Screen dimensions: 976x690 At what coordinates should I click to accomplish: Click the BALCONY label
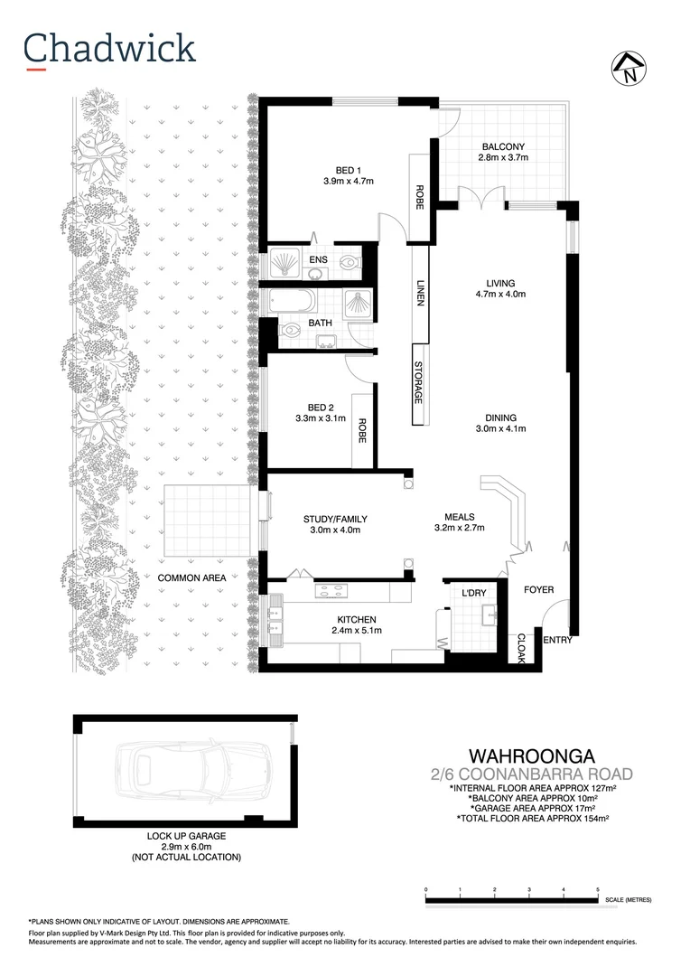pos(503,146)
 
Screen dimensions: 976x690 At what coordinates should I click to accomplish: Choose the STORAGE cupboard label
pos(418,382)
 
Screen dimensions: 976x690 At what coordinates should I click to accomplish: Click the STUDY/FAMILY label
pos(335,519)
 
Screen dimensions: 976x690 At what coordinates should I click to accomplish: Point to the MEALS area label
pos(460,516)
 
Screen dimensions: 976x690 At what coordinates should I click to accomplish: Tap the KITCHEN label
pos(356,619)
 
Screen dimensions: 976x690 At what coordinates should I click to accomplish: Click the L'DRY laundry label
pos(474,592)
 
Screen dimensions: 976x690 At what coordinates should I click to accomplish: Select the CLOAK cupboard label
pos(520,647)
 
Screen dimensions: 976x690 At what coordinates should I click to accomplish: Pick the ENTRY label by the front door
pos(555,640)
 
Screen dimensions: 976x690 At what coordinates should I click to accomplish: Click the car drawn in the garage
pos(185,774)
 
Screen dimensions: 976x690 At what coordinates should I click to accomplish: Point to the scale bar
pos(511,900)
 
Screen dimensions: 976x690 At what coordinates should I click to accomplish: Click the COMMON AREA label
pos(191,577)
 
